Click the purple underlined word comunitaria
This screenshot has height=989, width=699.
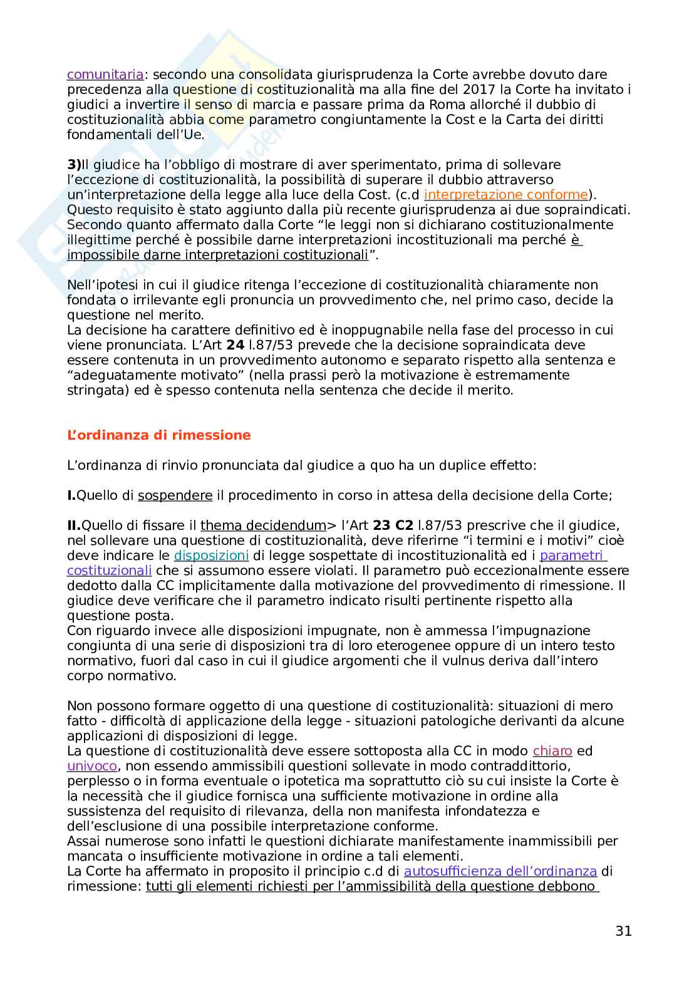105,75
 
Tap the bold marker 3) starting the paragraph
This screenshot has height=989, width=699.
74,165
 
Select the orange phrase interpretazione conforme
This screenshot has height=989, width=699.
506,195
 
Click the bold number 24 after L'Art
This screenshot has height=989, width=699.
235,345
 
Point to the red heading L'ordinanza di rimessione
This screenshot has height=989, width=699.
158,435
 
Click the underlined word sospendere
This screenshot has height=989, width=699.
175,495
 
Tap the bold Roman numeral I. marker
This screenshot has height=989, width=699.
71,495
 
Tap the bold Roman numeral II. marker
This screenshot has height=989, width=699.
74,526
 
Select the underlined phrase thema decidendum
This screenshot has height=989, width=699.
263,526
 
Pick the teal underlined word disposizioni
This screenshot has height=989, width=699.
211,556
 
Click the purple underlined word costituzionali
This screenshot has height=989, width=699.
109,571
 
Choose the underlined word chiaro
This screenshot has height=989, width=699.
552,751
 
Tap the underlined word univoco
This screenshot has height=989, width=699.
92,766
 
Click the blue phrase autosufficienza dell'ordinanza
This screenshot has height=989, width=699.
500,871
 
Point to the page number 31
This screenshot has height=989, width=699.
623,931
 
